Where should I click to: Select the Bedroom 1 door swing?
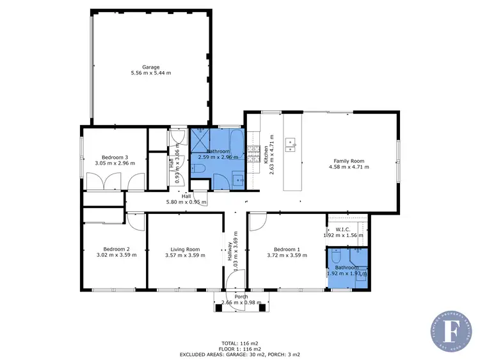click(x=257, y=222)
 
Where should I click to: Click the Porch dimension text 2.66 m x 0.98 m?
click(x=241, y=302)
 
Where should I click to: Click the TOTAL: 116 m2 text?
click(x=241, y=343)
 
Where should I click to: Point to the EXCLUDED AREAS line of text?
click(x=241, y=354)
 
